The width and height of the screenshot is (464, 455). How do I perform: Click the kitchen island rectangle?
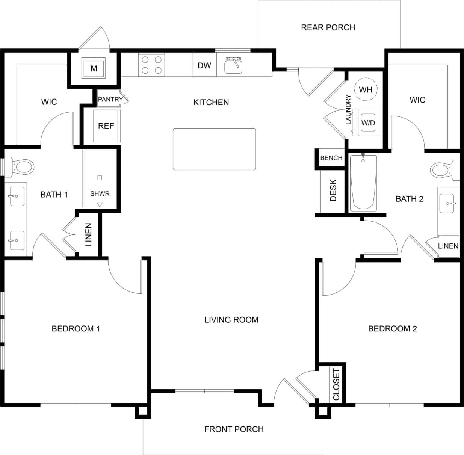click(x=214, y=149)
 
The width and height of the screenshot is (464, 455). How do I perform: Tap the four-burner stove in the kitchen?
click(x=152, y=65)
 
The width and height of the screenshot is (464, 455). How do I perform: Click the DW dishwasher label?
click(x=204, y=65)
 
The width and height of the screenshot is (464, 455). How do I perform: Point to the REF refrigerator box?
click(x=106, y=126)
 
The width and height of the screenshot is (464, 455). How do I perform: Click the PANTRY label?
click(x=110, y=99)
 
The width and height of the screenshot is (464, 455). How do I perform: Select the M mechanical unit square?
click(x=94, y=68)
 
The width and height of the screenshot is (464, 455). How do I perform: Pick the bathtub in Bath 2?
click(x=363, y=183)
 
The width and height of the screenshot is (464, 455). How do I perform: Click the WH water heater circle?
click(x=366, y=89)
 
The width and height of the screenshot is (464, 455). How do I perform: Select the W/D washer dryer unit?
click(x=367, y=122)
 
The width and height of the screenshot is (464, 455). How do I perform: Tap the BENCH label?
click(x=331, y=158)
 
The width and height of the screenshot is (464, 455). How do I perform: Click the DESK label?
click(x=333, y=190)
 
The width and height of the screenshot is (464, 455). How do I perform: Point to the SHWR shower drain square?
click(x=100, y=178)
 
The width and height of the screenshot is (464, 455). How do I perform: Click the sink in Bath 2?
click(x=447, y=203)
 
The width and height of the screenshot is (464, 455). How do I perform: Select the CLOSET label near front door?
click(x=336, y=384)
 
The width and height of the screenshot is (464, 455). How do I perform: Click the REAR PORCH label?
click(x=328, y=27)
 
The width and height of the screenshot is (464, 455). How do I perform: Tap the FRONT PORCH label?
click(x=234, y=429)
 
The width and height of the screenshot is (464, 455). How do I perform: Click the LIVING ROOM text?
click(x=231, y=320)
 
